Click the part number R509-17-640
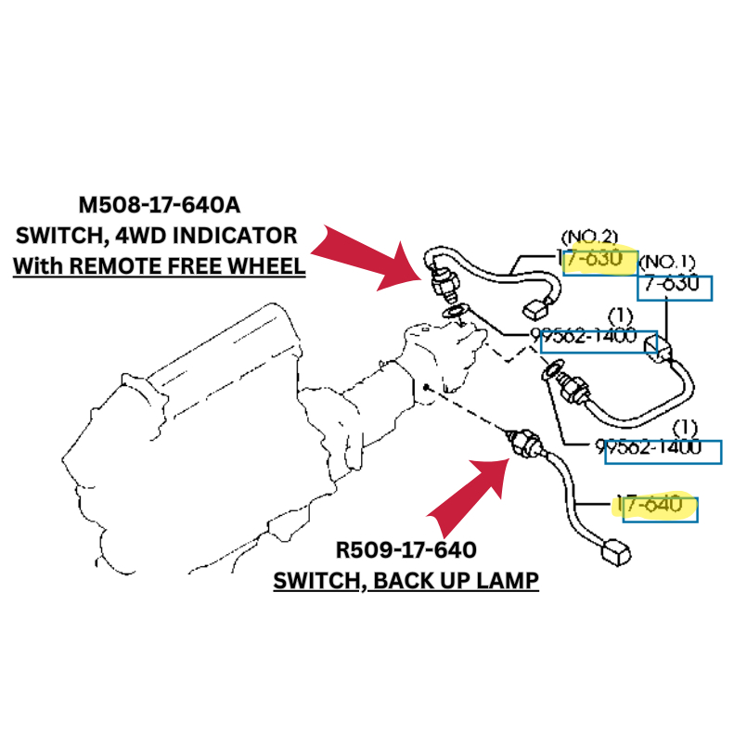coord(406,550)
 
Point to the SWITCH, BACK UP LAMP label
coord(406,582)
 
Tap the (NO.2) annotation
coord(589,237)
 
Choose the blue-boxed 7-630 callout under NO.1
coord(672,286)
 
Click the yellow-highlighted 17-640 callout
coord(655,505)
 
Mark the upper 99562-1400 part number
coord(585,336)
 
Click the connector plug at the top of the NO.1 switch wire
coord(668,349)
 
